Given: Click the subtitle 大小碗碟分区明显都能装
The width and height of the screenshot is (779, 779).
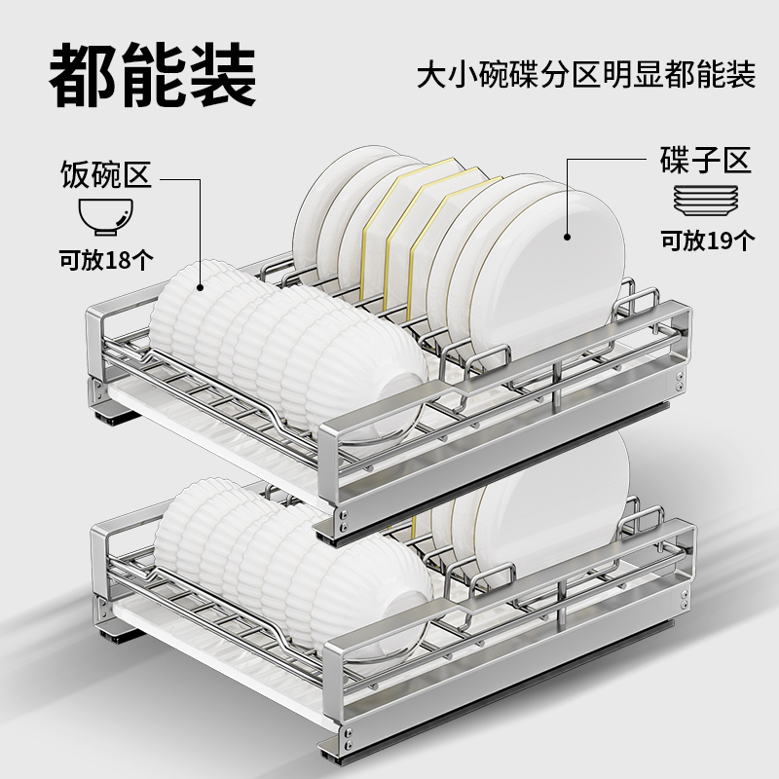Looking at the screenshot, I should tap(585, 75).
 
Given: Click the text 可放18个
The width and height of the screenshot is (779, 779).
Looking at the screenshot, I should tap(105, 260).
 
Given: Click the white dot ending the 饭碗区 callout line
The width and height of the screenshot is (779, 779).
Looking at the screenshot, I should tap(201, 286).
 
